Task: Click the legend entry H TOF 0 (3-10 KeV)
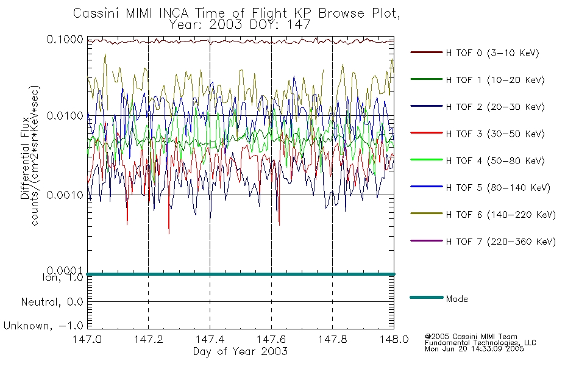(475, 53)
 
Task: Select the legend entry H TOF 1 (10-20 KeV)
(477, 80)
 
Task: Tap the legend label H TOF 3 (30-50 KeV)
(495, 134)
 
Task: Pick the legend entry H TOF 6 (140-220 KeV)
(483, 215)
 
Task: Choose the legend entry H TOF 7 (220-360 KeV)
(483, 242)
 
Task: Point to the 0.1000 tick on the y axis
(65, 39)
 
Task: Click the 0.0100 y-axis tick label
(65, 116)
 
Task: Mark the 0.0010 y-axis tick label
(65, 195)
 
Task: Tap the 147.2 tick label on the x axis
(149, 339)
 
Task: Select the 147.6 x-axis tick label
(271, 339)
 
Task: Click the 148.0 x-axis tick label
(394, 339)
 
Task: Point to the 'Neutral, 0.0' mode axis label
(52, 302)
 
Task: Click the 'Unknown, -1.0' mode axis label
(43, 326)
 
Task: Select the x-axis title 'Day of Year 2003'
(240, 351)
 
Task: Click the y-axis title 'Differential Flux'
(25, 158)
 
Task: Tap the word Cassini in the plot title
(97, 13)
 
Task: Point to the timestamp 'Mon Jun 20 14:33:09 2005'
(474, 349)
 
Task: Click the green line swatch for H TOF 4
(427, 160)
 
